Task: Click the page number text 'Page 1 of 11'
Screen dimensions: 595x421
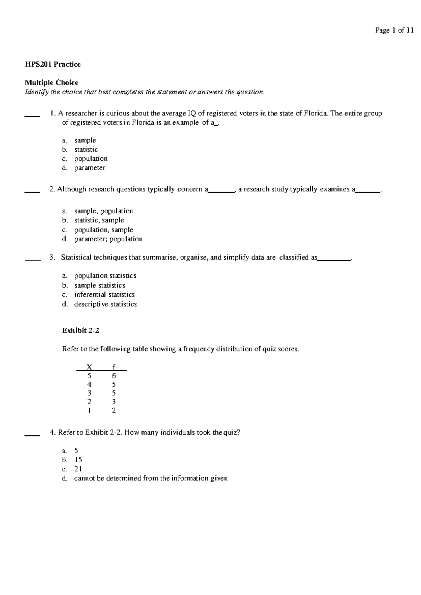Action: tap(394, 31)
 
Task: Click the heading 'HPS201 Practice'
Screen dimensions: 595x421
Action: tap(53, 64)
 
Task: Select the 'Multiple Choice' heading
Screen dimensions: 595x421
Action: tap(51, 83)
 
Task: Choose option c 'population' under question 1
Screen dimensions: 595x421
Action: tap(91, 159)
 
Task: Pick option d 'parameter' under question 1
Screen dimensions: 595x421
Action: tap(89, 168)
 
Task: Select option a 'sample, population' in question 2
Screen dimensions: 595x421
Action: tap(103, 211)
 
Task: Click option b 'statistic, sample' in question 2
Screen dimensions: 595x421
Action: tap(99, 220)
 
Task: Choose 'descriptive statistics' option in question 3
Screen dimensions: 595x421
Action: tap(105, 304)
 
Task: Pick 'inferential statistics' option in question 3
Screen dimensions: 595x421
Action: tap(104, 295)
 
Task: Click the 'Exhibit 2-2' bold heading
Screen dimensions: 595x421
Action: tap(81, 330)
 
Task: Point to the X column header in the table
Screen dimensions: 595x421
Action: tap(89, 367)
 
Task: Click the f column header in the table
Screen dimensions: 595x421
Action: tap(114, 367)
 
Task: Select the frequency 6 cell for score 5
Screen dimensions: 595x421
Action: tap(114, 376)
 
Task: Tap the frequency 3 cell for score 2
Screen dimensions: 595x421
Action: tap(114, 402)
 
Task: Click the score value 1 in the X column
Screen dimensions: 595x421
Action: tap(89, 410)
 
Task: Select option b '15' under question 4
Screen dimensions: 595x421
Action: tap(78, 460)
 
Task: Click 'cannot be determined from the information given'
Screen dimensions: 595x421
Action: tap(151, 478)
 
